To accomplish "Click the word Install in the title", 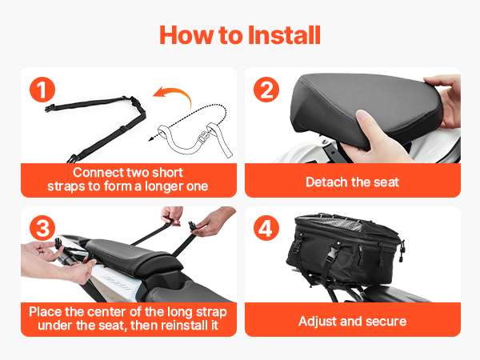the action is click(284, 35).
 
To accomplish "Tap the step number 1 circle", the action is click(42, 90).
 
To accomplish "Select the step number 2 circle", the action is click(266, 90).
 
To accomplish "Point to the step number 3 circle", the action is click(42, 228).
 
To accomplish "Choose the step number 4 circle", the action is click(266, 228).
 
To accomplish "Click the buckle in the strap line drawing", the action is click(202, 137).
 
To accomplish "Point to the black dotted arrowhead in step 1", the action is click(151, 138).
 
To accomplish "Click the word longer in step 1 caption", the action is click(163, 186).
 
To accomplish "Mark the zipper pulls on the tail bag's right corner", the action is click(402, 250).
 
